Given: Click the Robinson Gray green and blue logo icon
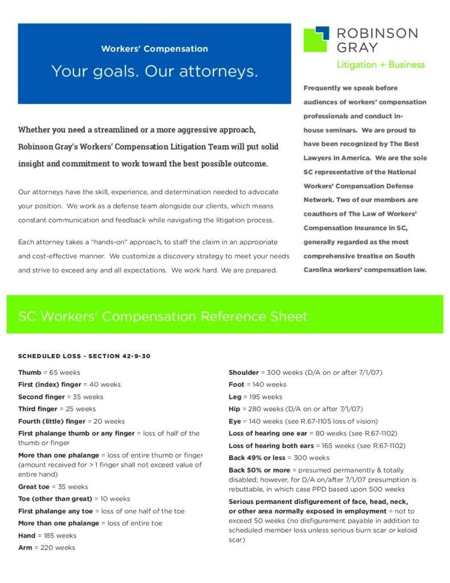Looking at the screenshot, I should pyautogui.click(x=316, y=39).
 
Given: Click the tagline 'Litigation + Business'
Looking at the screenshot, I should pyautogui.click(x=380, y=64).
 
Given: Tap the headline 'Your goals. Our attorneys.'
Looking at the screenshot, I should pyautogui.click(x=154, y=71).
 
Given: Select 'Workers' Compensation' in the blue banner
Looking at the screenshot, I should pyautogui.click(x=154, y=49).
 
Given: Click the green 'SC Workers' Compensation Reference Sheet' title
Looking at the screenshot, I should pyautogui.click(x=163, y=316).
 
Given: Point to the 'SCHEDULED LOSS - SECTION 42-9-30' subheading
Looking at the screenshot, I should pyautogui.click(x=84, y=356).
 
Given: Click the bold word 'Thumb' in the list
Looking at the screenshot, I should pyautogui.click(x=30, y=372).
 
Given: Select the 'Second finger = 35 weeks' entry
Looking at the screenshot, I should pyautogui.click(x=61, y=397).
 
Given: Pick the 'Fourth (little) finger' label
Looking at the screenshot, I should pyautogui.click(x=52, y=421).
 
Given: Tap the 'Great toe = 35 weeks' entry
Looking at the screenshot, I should pyautogui.click(x=53, y=487).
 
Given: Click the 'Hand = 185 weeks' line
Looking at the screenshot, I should pyautogui.click(x=47, y=536).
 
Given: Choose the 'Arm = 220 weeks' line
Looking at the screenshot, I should pyautogui.click(x=46, y=548).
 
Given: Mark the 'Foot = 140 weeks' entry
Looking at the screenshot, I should pyautogui.click(x=258, y=385).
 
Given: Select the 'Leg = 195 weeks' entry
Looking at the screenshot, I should pyautogui.click(x=255, y=397).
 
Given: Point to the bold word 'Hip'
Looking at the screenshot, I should pyautogui.click(x=234, y=409).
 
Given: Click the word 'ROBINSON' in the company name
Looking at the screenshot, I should pyautogui.click(x=377, y=33).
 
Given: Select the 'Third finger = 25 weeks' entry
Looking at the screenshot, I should pyautogui.click(x=57, y=409).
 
